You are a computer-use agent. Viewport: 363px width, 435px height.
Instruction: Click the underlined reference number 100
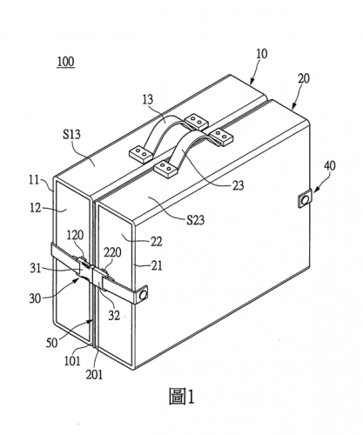[x=66, y=63]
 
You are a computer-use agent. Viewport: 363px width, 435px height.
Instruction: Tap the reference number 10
[x=262, y=54]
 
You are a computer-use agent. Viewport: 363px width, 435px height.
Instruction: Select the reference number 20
[x=304, y=78]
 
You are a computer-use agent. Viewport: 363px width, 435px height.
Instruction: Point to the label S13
[x=71, y=134]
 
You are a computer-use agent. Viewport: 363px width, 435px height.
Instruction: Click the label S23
[x=196, y=220]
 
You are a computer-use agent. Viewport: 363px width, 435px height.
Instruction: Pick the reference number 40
[x=330, y=165]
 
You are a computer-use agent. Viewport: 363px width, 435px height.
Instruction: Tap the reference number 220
[x=112, y=252]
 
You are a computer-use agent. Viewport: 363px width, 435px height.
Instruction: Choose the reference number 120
[x=75, y=235]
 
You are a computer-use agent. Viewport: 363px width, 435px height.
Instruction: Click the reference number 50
[x=52, y=343]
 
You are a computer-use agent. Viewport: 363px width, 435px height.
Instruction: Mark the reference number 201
[x=94, y=375]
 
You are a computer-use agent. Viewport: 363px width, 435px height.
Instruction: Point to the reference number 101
[x=72, y=361]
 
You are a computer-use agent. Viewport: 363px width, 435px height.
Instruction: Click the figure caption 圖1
[x=182, y=397]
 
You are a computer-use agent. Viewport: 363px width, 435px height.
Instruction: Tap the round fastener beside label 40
[x=305, y=199]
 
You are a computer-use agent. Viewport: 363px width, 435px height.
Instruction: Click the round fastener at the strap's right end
[x=143, y=295]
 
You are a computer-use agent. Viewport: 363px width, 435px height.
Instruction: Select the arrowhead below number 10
[x=252, y=81]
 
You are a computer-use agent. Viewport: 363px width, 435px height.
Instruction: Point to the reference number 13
[x=148, y=99]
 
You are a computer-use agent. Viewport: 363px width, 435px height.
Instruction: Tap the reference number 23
[x=239, y=185]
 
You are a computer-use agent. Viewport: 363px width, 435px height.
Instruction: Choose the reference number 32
[x=114, y=316]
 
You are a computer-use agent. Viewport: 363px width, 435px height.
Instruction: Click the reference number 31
[x=36, y=268]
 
